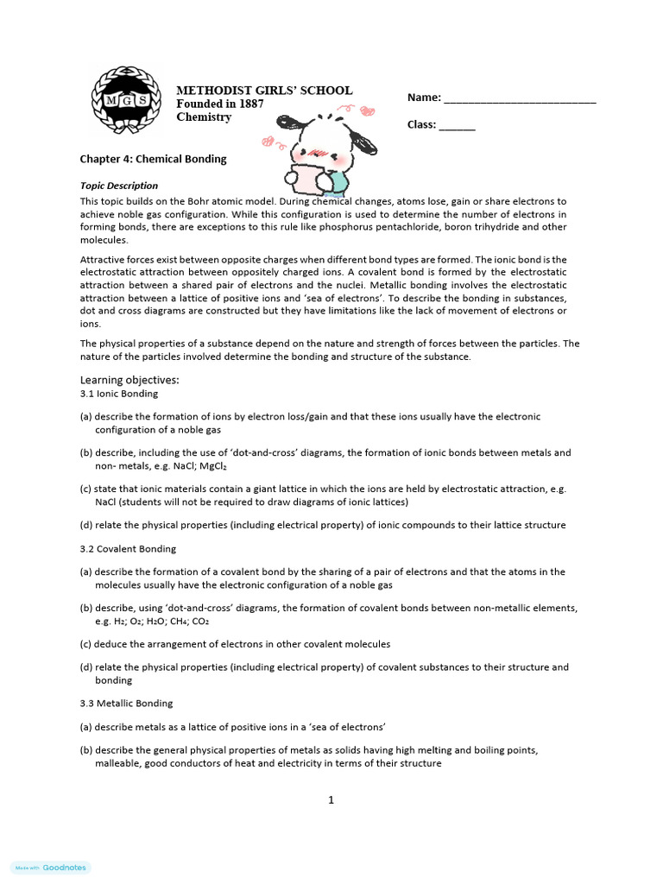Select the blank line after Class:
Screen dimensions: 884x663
point(457,126)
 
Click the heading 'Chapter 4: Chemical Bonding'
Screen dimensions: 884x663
point(153,159)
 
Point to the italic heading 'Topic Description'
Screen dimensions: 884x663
point(119,186)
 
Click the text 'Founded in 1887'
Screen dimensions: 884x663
point(220,104)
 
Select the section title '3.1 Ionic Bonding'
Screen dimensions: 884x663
point(119,394)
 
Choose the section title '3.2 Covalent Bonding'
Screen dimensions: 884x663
point(128,549)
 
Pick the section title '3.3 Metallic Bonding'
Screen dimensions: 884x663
point(126,704)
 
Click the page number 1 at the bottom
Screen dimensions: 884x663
point(331,800)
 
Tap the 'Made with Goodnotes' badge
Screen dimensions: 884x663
point(51,868)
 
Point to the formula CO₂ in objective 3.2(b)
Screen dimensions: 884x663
point(200,621)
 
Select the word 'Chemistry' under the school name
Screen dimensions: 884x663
point(204,117)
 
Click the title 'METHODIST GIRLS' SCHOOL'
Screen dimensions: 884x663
point(264,91)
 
